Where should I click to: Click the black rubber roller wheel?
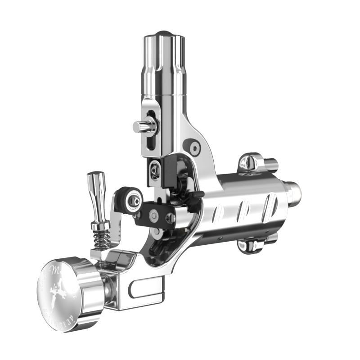pyautogui.click(x=128, y=200)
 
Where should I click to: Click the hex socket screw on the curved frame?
pyautogui.click(x=195, y=148)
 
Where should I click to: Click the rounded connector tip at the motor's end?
pyautogui.click(x=294, y=191)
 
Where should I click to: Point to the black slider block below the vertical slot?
pyautogui.click(x=155, y=170)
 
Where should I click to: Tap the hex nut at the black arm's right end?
pyautogui.click(x=170, y=218)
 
